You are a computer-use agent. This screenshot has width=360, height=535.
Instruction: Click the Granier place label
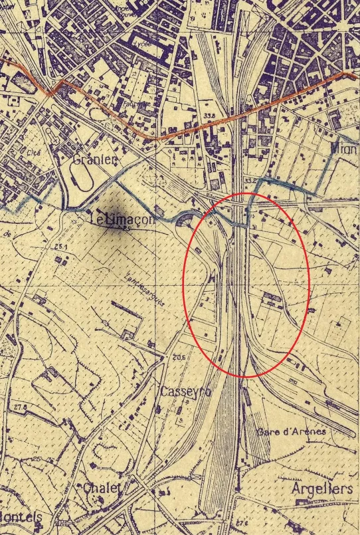94,160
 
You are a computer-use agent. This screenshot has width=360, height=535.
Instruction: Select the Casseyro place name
185,392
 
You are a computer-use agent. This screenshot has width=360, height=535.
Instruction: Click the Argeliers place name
321,489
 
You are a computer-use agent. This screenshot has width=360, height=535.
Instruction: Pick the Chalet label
103,488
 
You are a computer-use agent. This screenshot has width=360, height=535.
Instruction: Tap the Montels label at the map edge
20,517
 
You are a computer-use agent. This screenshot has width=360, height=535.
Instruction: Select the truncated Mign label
344,150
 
